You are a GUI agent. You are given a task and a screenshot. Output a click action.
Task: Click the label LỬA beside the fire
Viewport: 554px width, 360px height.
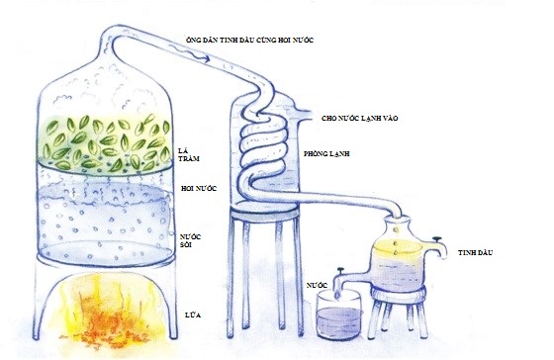[x=193, y=315]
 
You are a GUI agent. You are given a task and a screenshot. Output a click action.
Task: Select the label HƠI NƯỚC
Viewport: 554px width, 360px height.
[x=199, y=188]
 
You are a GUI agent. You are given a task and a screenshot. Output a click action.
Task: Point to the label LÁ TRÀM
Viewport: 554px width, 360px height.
[x=189, y=154]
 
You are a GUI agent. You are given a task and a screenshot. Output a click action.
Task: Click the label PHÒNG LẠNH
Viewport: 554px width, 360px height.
[x=326, y=153]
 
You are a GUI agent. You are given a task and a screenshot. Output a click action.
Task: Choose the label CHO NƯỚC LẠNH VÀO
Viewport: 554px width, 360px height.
[x=360, y=118]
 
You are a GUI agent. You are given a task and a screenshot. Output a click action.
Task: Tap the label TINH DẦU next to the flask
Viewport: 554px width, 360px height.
[x=475, y=252]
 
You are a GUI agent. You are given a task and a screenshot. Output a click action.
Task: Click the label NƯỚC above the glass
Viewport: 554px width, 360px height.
[x=317, y=285]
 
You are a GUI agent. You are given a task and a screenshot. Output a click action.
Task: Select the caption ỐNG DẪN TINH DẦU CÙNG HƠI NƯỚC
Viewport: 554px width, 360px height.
[x=249, y=40]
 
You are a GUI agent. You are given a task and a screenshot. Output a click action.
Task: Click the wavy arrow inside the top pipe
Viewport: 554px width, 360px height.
[x=189, y=53]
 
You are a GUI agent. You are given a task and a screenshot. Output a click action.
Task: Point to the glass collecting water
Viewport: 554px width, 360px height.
[x=339, y=315]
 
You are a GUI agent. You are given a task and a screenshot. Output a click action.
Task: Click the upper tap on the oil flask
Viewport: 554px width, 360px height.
[x=437, y=246]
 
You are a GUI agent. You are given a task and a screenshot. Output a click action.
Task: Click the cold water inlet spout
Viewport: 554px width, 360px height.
[x=303, y=115]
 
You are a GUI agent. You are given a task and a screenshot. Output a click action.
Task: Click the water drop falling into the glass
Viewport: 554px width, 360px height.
[x=337, y=295]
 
